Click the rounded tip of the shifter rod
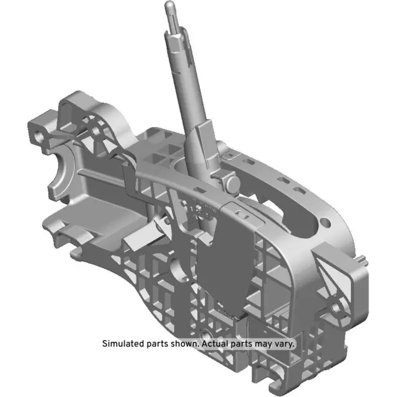click(169, 6)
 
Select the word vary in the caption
click(285, 343)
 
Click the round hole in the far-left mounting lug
click(40, 133)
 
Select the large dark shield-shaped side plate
click(226, 261)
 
